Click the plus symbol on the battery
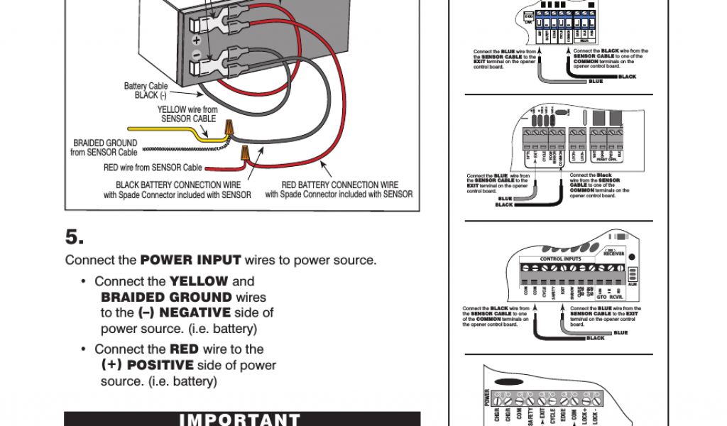coord(196,41)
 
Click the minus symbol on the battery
coord(196,55)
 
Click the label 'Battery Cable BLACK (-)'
coord(146,91)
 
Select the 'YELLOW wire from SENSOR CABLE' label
coord(187,114)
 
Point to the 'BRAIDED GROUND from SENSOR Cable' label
coord(104,148)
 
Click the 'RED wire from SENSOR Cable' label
coord(153,168)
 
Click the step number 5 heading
coord(75,236)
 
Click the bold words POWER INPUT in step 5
coord(190,260)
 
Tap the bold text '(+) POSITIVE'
coord(147,365)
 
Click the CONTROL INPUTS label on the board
coord(561,259)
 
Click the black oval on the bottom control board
coord(508,381)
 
